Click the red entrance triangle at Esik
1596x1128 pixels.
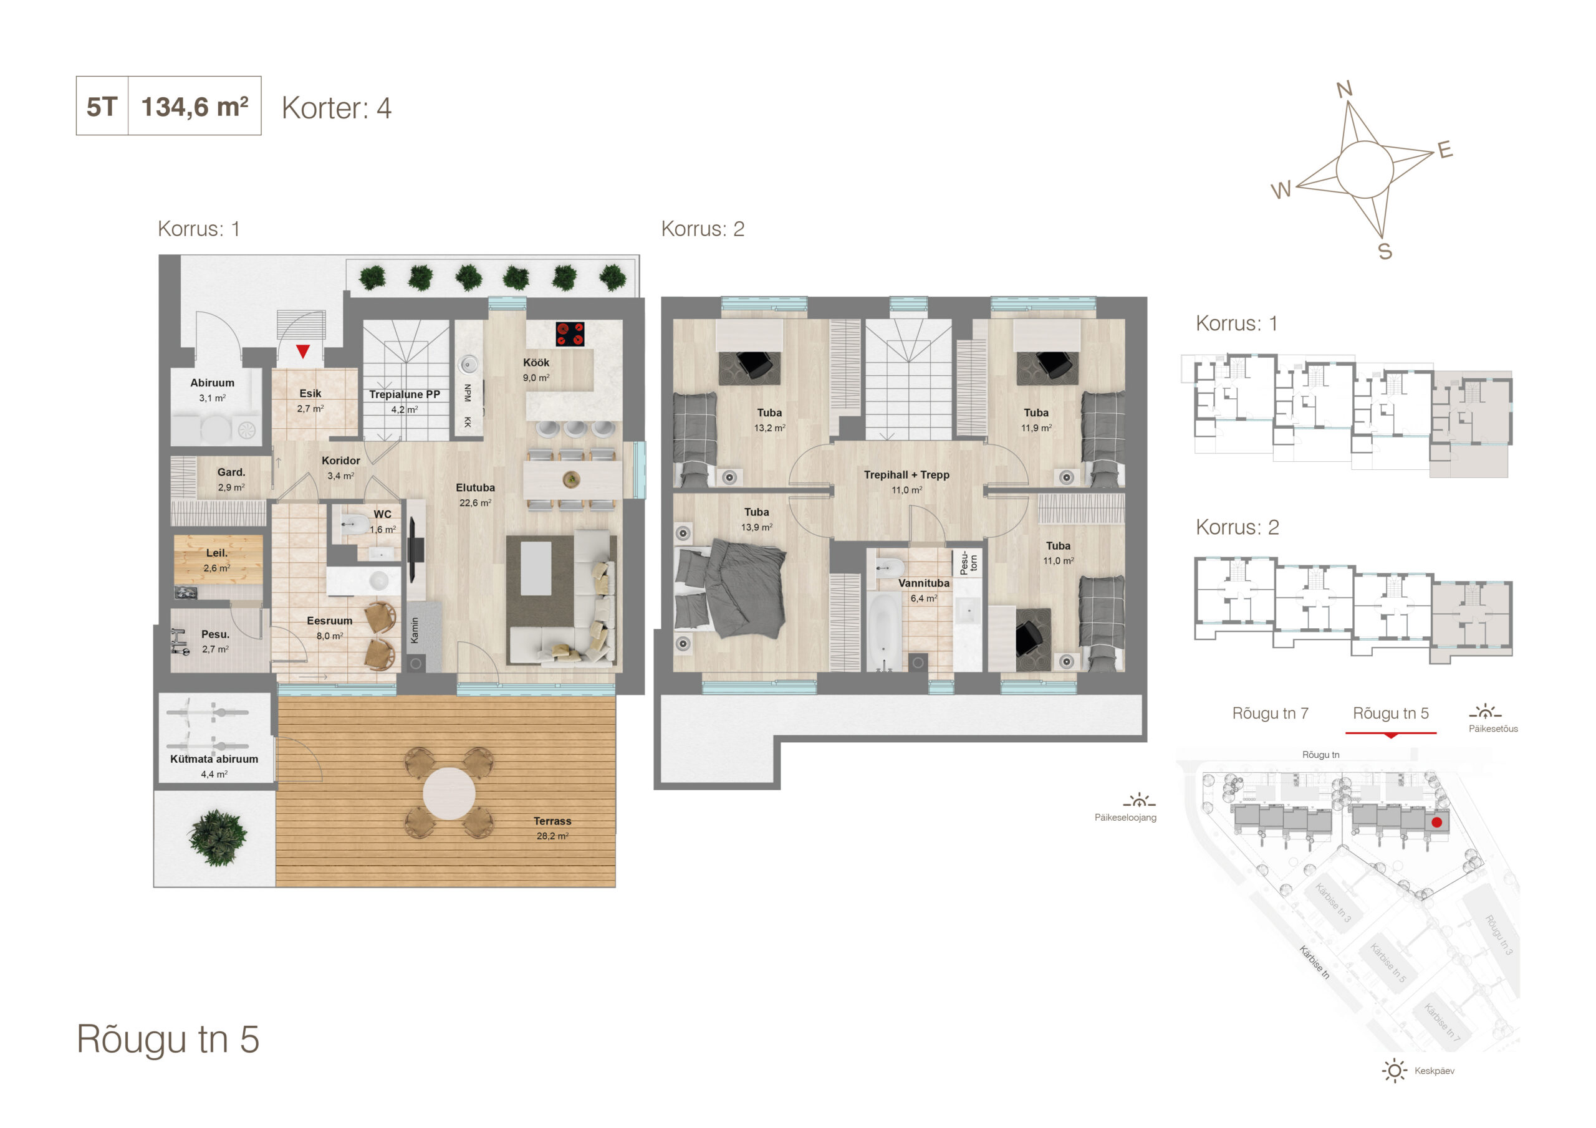(302, 351)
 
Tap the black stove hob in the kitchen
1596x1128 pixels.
(570, 333)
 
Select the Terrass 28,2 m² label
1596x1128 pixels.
(552, 828)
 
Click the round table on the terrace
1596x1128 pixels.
(449, 793)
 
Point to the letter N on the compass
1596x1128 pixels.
(1344, 89)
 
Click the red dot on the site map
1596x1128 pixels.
(1437, 822)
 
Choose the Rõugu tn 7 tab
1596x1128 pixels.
(1270, 713)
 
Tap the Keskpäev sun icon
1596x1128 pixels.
(1395, 1070)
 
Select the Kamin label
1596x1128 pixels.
(415, 631)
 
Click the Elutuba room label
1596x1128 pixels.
(476, 495)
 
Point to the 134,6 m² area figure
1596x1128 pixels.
(195, 107)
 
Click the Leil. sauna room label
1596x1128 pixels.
(217, 560)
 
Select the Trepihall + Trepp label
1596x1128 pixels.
(906, 482)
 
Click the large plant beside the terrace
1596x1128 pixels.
(218, 838)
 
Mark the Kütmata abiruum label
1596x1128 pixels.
(214, 766)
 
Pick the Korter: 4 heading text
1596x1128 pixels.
(337, 108)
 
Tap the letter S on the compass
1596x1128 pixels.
(1385, 252)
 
